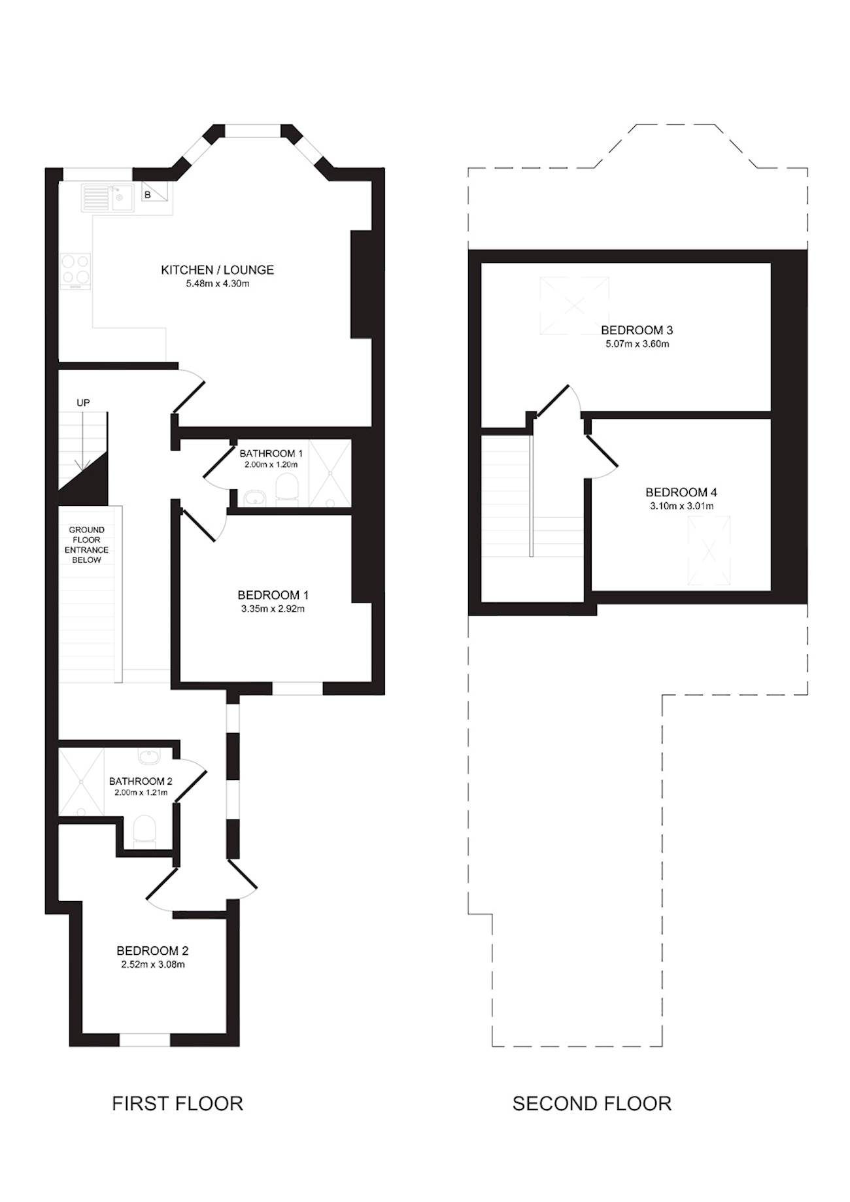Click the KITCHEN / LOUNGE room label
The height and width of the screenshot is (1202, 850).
click(x=217, y=269)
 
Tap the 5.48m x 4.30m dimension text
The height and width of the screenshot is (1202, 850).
click(x=217, y=284)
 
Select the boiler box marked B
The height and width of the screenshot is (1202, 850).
click(x=155, y=192)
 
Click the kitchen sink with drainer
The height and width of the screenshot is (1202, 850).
click(x=107, y=197)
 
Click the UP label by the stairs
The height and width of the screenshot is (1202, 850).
click(x=83, y=403)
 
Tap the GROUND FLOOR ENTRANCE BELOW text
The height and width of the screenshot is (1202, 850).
click(x=86, y=545)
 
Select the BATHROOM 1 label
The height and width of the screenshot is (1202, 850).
click(x=271, y=453)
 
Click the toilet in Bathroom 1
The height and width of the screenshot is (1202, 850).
click(x=286, y=490)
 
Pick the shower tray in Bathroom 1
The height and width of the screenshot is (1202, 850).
click(x=330, y=473)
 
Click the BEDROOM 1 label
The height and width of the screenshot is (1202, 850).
click(x=273, y=595)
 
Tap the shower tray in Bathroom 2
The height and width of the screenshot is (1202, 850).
click(x=82, y=782)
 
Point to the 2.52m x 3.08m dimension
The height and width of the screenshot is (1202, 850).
click(x=153, y=965)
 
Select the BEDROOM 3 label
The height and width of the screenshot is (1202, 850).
click(x=637, y=330)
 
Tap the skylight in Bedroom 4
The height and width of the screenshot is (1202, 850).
click(x=708, y=551)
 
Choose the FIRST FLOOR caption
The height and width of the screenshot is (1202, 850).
click(x=177, y=1104)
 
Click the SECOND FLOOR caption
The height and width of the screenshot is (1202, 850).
click(x=592, y=1104)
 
